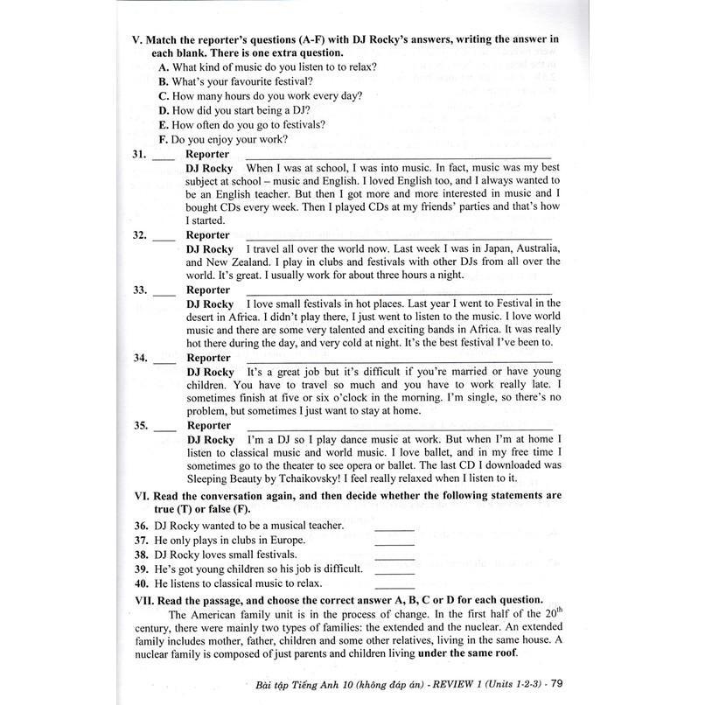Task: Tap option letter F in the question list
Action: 164,139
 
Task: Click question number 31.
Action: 138,154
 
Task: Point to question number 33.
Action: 138,290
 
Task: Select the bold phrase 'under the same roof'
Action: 465,654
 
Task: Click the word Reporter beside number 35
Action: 208,426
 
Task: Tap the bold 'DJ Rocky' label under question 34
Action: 210,372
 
